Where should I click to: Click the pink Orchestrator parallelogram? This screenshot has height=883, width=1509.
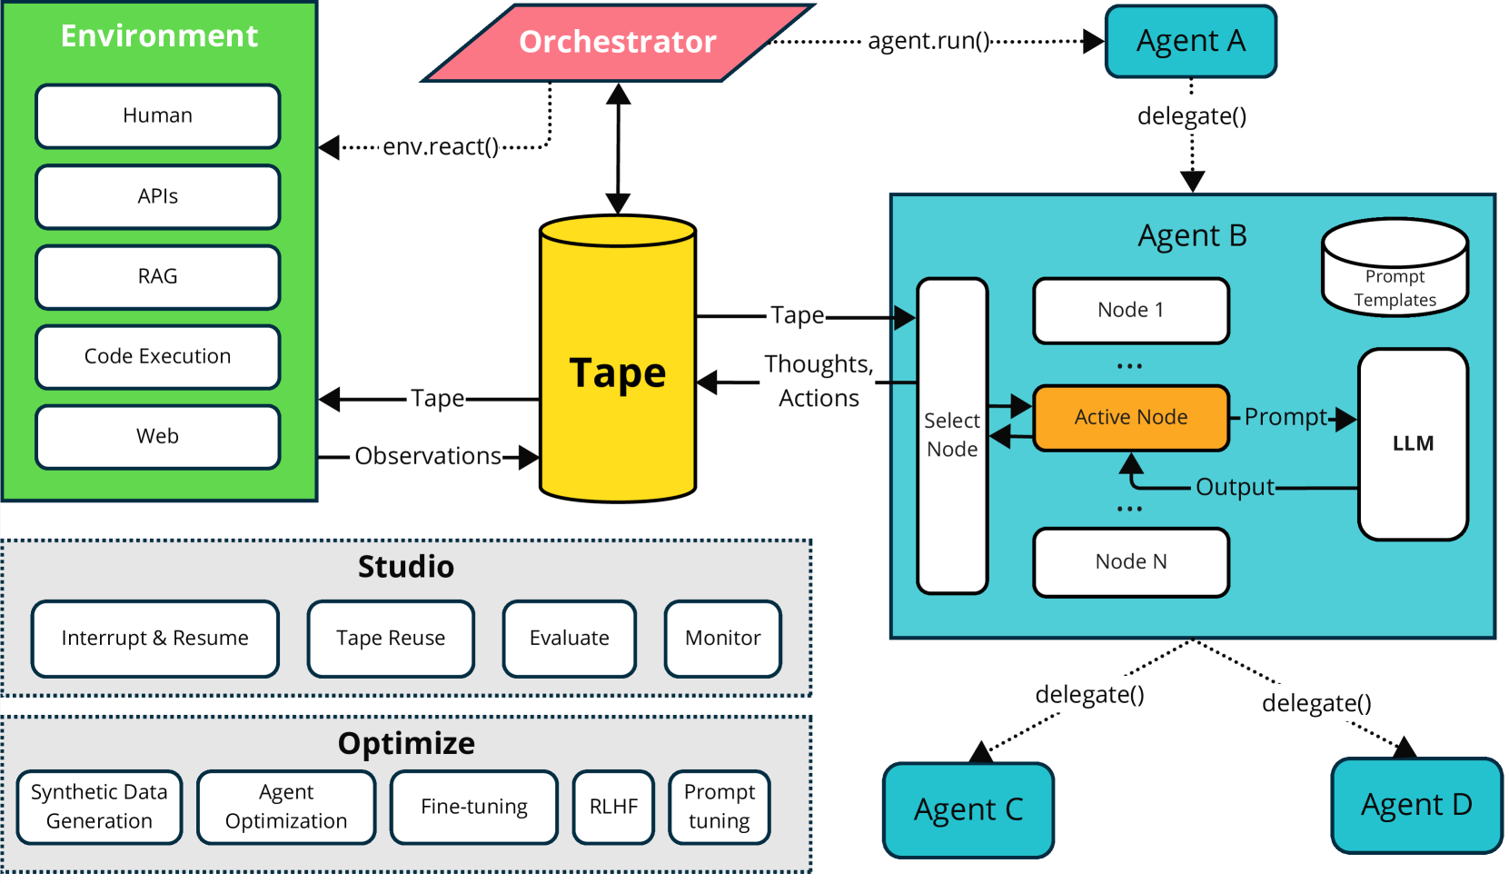point(618,43)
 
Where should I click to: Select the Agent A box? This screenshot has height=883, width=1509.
point(1190,41)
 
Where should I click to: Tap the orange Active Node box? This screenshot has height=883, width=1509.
point(1131,418)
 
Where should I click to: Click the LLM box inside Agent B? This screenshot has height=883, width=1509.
point(1413,444)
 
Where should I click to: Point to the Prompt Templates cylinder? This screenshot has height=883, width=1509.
point(1395,267)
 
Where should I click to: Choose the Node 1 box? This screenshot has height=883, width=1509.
point(1131,311)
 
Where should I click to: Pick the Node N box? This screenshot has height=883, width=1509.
point(1131,562)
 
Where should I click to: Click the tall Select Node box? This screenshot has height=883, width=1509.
point(952,436)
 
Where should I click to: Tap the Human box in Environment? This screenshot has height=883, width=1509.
point(158,116)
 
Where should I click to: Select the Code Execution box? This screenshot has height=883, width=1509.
point(158,356)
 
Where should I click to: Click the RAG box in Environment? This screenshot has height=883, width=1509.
point(158,277)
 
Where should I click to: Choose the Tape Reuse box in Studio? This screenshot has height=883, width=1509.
point(391,639)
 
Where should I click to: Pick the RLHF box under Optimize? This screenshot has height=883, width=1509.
point(613,807)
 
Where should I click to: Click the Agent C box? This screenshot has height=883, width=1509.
point(968,809)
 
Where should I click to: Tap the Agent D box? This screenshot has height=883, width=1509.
point(1416,806)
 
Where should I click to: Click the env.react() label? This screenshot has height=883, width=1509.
point(441,147)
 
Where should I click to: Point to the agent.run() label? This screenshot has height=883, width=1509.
point(928,41)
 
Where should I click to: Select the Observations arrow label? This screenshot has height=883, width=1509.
point(428,457)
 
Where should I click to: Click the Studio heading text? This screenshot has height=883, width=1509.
point(405,567)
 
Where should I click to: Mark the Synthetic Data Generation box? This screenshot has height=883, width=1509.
point(99,807)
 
